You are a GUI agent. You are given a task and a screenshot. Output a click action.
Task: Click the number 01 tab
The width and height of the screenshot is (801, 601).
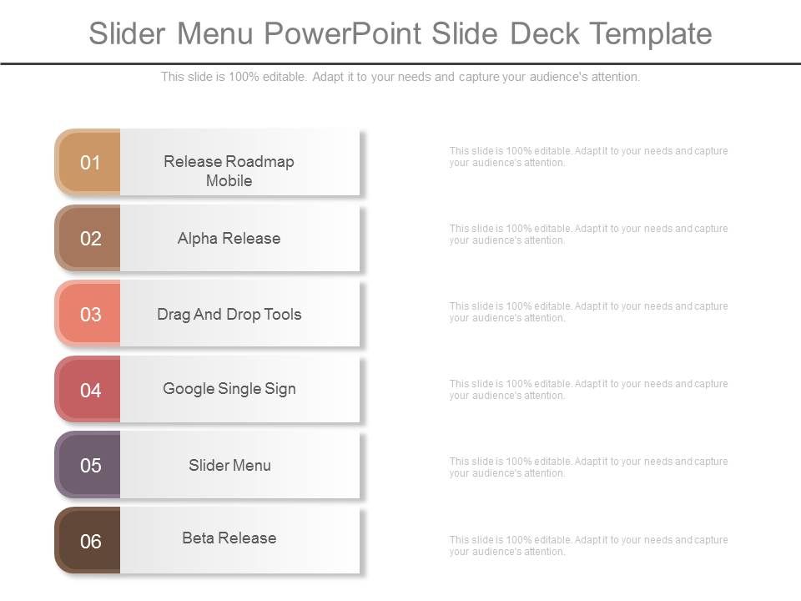pyautogui.click(x=88, y=163)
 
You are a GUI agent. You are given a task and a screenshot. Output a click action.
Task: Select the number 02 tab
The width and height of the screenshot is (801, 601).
pyautogui.click(x=88, y=239)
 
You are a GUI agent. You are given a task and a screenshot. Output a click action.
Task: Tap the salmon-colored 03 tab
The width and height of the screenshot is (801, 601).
pyautogui.click(x=88, y=315)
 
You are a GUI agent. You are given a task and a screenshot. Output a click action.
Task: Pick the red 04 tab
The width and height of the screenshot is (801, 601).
pyautogui.click(x=88, y=390)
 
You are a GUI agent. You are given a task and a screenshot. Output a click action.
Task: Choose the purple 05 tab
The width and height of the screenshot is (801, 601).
pyautogui.click(x=88, y=466)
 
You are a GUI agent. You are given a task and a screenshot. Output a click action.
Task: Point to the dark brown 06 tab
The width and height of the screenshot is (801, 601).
pyautogui.click(x=88, y=542)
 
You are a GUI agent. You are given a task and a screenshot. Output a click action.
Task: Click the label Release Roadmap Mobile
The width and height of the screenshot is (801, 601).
pyautogui.click(x=229, y=170)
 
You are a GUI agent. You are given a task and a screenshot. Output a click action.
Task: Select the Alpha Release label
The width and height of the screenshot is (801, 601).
pyautogui.click(x=229, y=239)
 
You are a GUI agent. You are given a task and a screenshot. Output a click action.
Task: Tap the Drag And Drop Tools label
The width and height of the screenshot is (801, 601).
pyautogui.click(x=229, y=315)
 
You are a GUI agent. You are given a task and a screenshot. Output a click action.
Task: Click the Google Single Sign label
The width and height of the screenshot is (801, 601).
pyautogui.click(x=229, y=389)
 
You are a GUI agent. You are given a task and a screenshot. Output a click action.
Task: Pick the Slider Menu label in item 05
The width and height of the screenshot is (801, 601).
pyautogui.click(x=229, y=466)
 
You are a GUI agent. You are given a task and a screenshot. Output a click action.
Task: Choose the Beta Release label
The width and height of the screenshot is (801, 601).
pyautogui.click(x=229, y=538)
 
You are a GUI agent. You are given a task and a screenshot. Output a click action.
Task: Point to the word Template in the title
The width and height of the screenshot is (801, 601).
pyautogui.click(x=651, y=33)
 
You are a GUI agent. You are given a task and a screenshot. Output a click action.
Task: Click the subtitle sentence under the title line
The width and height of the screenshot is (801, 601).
pyautogui.click(x=400, y=77)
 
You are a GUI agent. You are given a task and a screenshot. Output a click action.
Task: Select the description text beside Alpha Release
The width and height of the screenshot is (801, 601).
pyautogui.click(x=588, y=235)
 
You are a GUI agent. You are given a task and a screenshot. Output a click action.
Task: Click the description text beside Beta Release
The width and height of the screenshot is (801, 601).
pyautogui.click(x=588, y=546)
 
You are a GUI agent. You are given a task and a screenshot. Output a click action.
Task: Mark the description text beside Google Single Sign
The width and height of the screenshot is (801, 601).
pyautogui.click(x=588, y=390)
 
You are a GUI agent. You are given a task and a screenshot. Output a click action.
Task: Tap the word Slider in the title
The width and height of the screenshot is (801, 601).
pyautogui.click(x=129, y=33)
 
